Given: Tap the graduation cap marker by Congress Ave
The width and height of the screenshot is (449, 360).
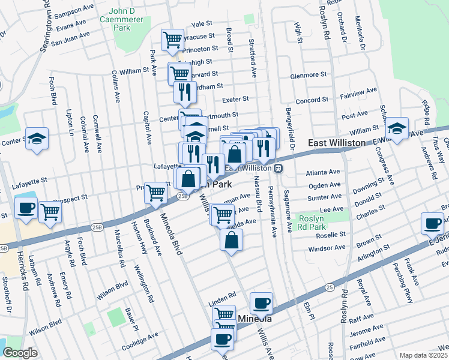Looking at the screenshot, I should coord(397,128).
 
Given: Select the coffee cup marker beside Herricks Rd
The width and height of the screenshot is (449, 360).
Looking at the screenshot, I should coord(26,208).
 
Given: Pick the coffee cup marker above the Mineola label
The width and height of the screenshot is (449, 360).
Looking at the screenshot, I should coord(261,303).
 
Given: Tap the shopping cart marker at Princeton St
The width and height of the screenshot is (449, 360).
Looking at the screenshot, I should coord(172,40).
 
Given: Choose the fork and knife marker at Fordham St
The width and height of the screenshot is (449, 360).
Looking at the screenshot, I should coord(185,92).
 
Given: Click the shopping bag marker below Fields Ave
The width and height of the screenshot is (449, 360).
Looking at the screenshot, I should coord(231,240).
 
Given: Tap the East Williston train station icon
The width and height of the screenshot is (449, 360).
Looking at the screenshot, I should coord(278,169).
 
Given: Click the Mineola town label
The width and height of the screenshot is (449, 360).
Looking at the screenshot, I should coord(255,319).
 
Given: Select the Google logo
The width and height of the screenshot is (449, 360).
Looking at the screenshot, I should coord(20,353).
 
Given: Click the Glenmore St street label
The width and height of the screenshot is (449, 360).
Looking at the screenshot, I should coord(308,76).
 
